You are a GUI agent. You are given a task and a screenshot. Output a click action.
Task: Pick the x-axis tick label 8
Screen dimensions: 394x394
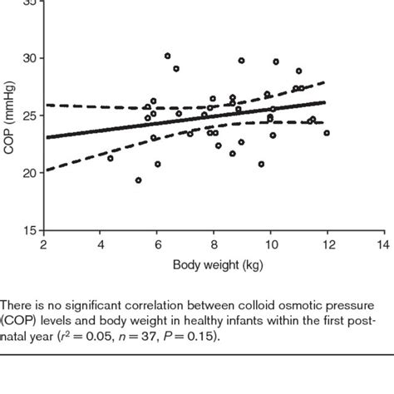(x=214, y=245)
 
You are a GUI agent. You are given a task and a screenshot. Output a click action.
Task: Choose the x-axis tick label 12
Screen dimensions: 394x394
(x=327, y=245)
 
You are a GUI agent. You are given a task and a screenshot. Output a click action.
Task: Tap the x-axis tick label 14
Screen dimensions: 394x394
(x=383, y=245)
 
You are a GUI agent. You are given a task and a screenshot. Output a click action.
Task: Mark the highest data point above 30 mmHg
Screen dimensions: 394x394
(x=167, y=56)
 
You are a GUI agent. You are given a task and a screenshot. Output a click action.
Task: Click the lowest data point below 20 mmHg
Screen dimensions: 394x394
(x=138, y=180)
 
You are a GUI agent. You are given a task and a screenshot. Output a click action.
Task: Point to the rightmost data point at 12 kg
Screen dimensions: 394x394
(x=327, y=133)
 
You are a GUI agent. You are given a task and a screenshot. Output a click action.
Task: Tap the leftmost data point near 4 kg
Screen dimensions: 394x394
(x=111, y=158)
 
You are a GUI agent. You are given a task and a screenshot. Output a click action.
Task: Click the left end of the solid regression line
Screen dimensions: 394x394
(x=45, y=137)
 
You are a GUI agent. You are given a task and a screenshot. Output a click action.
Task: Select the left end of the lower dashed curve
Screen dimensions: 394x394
(x=45, y=170)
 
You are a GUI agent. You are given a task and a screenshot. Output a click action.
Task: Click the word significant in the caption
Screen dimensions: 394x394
(x=107, y=305)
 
